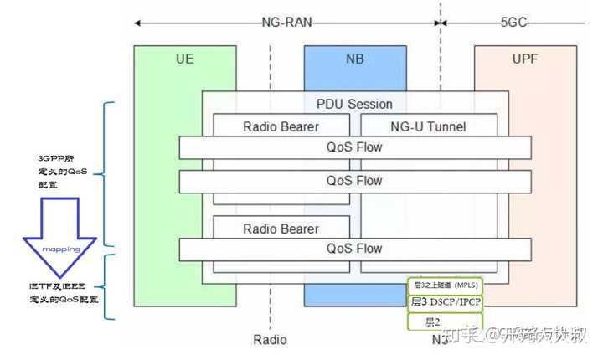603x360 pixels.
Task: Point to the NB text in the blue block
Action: point(355,60)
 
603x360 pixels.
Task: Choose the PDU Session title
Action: point(353,105)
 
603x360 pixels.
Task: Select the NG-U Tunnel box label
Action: point(428,127)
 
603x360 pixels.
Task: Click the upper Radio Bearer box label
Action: point(281,127)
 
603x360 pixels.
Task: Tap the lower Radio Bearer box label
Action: point(281,229)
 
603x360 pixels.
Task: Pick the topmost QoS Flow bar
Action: point(354,147)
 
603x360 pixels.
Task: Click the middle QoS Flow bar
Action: point(354,181)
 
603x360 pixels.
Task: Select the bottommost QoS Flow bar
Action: point(354,249)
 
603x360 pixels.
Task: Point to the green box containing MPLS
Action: point(444,285)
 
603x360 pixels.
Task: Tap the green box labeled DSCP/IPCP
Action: point(444,302)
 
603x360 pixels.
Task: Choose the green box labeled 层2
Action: point(444,321)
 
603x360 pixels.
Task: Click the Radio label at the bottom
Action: point(270,340)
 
